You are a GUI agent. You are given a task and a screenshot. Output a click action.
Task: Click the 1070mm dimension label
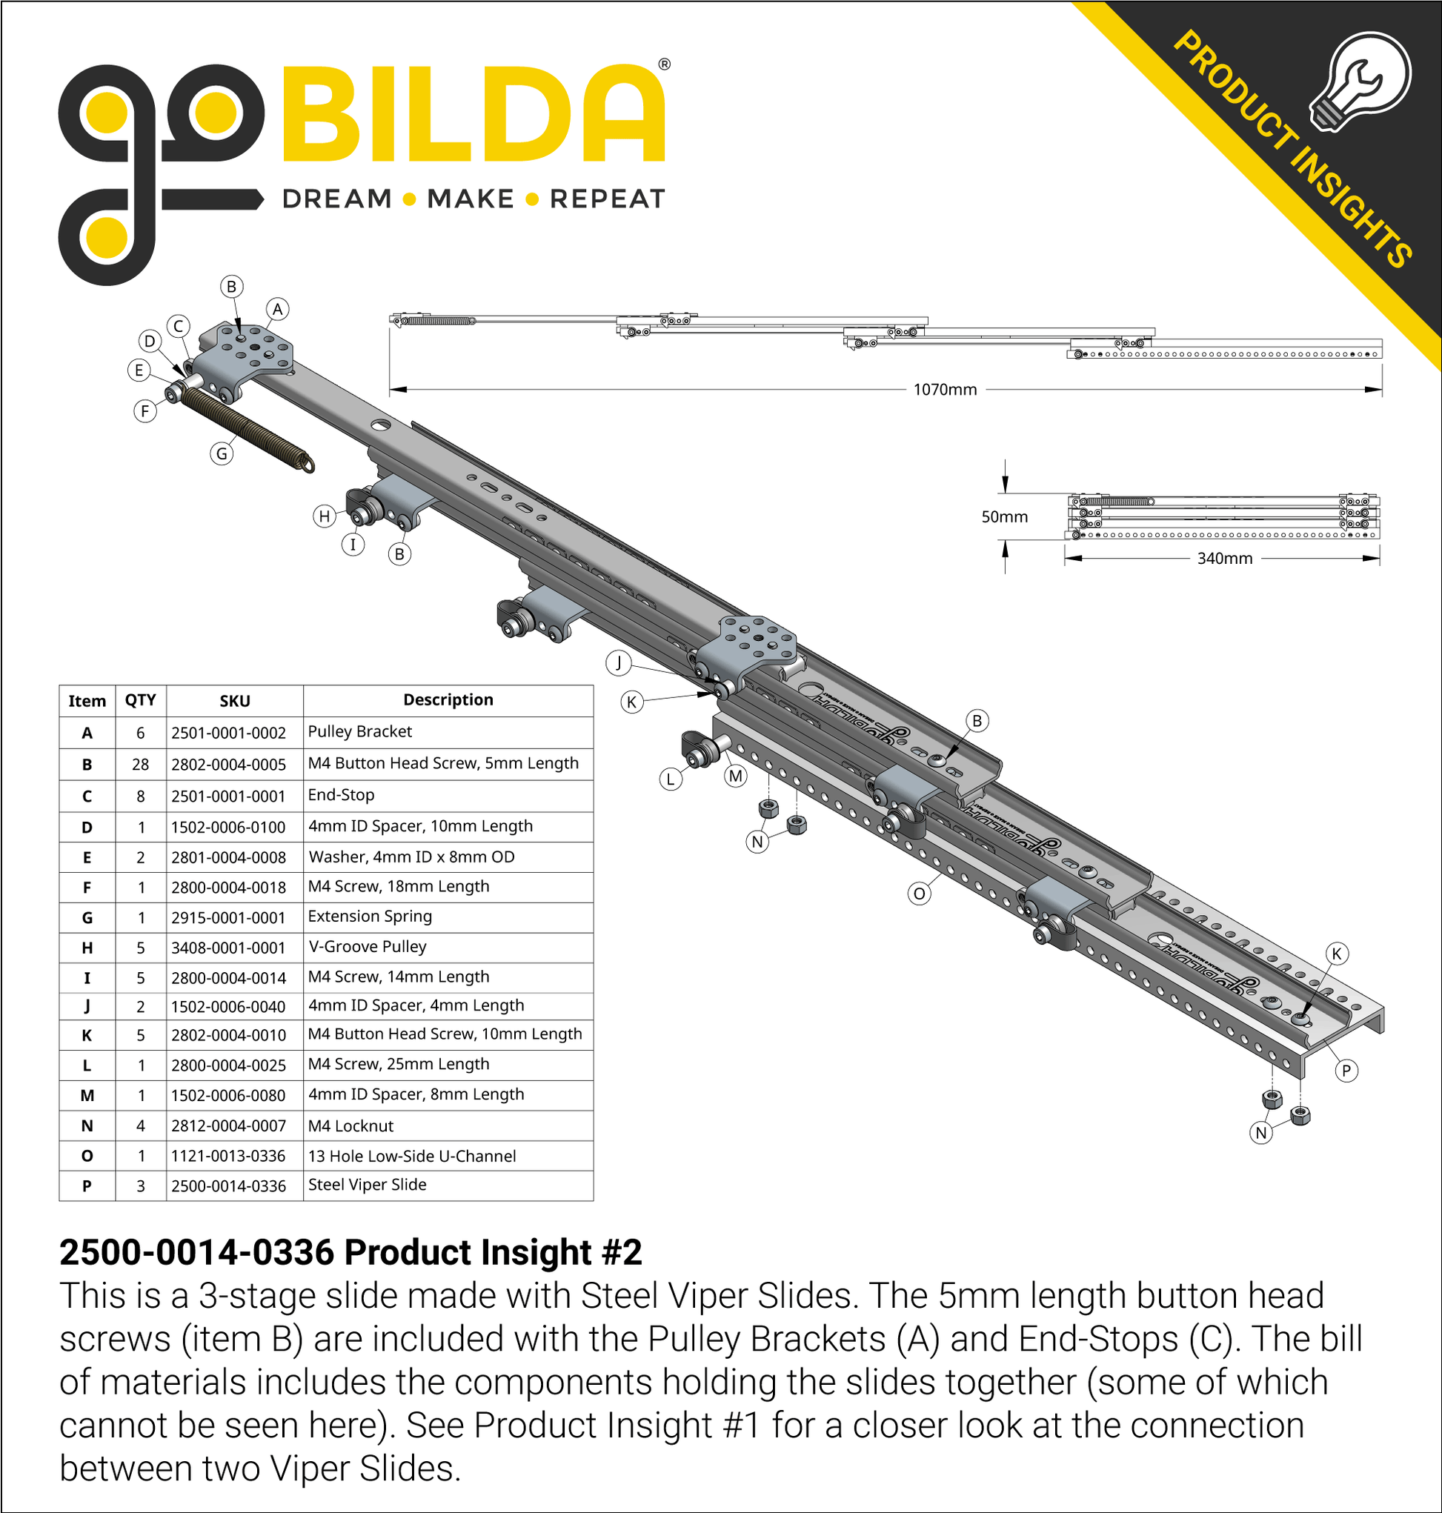[x=945, y=390]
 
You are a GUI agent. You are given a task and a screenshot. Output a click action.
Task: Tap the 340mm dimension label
[x=1224, y=559]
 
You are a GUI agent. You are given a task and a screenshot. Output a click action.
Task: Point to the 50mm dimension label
[x=1004, y=517]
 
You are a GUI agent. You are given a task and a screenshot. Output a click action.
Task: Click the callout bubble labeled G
[x=222, y=453]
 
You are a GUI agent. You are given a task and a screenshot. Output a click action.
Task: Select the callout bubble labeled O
[x=919, y=894]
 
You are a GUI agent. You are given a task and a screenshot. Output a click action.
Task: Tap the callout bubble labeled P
[x=1346, y=1071]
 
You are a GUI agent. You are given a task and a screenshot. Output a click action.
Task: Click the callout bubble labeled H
[x=325, y=516]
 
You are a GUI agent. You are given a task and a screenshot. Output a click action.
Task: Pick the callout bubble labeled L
[x=671, y=779]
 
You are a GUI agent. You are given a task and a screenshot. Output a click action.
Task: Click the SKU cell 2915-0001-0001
[x=228, y=917]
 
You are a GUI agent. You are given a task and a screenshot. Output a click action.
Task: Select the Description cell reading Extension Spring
[x=370, y=916]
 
